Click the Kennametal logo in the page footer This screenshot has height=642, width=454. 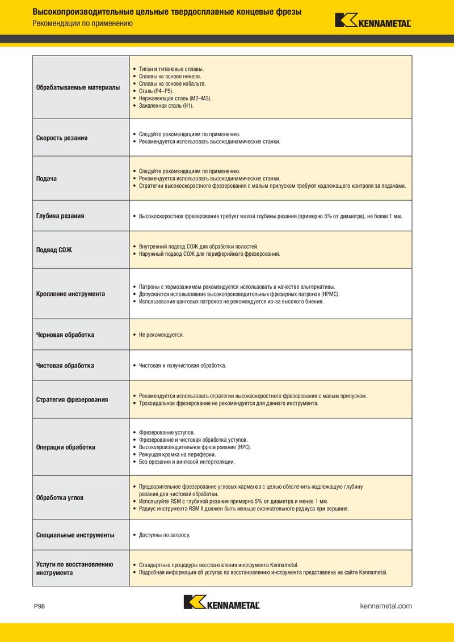click(x=221, y=602)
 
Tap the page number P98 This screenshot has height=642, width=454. click(x=39, y=606)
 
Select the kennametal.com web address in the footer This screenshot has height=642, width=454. click(x=386, y=606)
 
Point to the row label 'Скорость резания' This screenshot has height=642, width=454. click(x=62, y=138)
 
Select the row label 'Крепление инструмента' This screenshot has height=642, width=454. click(x=70, y=294)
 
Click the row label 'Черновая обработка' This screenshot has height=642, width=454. click(x=65, y=335)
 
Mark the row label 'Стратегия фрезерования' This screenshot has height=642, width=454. click(x=72, y=400)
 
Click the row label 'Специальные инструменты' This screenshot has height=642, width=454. click(x=75, y=535)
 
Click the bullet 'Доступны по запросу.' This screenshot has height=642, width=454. click(x=165, y=535)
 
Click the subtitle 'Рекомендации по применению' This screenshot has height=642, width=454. click(x=82, y=24)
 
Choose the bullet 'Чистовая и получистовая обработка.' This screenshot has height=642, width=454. click(x=182, y=366)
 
